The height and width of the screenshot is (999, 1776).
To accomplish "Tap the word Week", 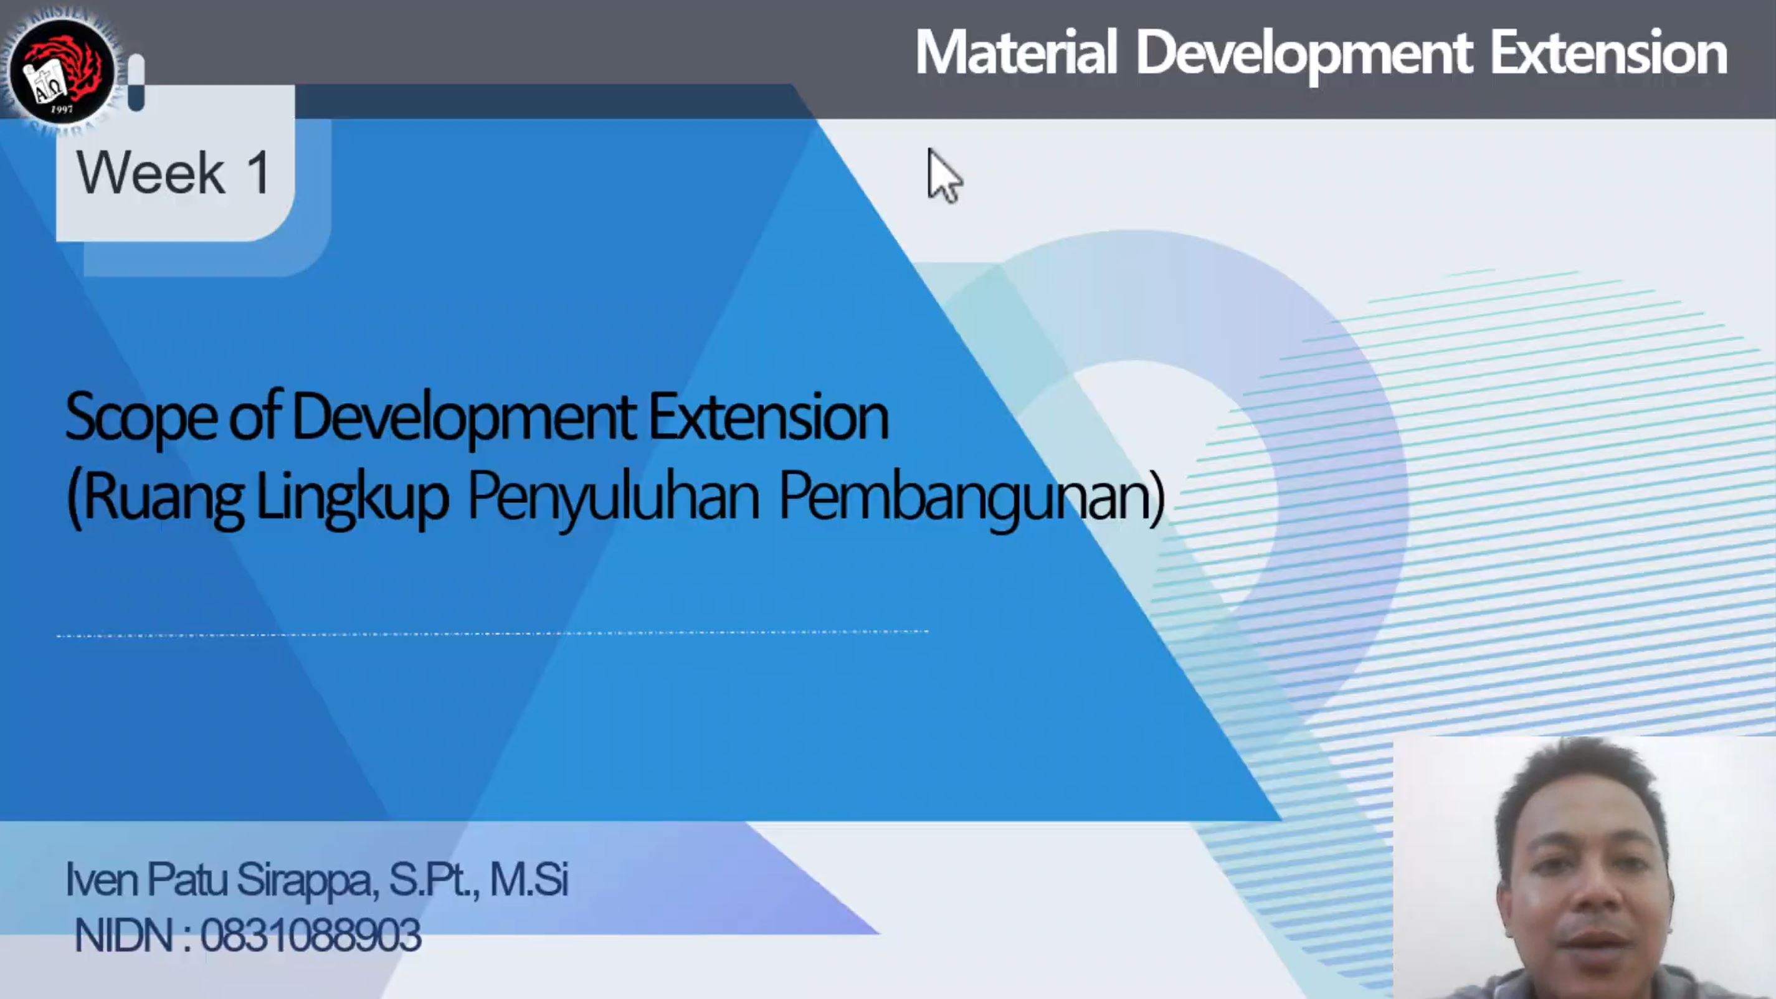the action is [x=150, y=173].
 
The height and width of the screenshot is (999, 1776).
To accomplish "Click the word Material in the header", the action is [x=1015, y=52].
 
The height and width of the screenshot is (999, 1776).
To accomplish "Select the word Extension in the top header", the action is [x=1608, y=52].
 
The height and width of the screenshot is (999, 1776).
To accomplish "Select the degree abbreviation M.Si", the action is [x=529, y=879].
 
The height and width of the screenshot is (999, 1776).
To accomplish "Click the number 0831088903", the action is [x=310, y=935].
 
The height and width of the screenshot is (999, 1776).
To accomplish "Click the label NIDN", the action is [x=123, y=935].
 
